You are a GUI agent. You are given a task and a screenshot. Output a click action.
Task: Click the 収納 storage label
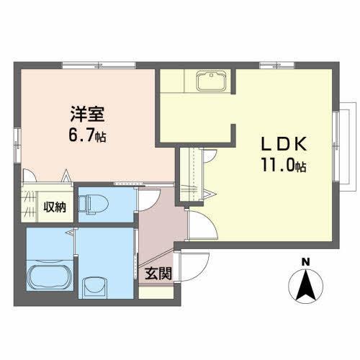55,207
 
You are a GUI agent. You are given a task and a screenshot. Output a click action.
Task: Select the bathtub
50,277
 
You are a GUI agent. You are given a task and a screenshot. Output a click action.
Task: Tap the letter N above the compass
305,261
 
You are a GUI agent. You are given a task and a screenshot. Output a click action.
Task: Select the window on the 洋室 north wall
98,65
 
